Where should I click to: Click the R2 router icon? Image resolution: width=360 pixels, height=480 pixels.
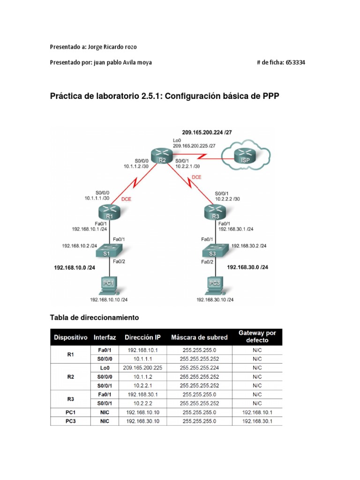click(162, 156)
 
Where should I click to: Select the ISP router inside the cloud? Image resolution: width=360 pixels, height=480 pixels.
click(243, 156)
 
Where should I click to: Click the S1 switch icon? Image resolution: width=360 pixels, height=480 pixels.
click(109, 250)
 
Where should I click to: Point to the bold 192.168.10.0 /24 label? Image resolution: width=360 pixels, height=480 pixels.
click(75, 268)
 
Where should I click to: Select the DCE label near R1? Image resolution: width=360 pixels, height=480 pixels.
click(127, 199)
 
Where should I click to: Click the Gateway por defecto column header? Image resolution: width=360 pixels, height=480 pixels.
click(257, 337)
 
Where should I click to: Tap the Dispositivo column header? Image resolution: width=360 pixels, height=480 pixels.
click(71, 337)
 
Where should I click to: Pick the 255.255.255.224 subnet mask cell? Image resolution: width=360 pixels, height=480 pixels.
click(199, 368)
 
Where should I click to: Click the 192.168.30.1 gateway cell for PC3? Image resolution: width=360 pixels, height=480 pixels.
click(257, 421)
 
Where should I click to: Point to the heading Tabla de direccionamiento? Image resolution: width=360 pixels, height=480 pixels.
click(95, 317)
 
